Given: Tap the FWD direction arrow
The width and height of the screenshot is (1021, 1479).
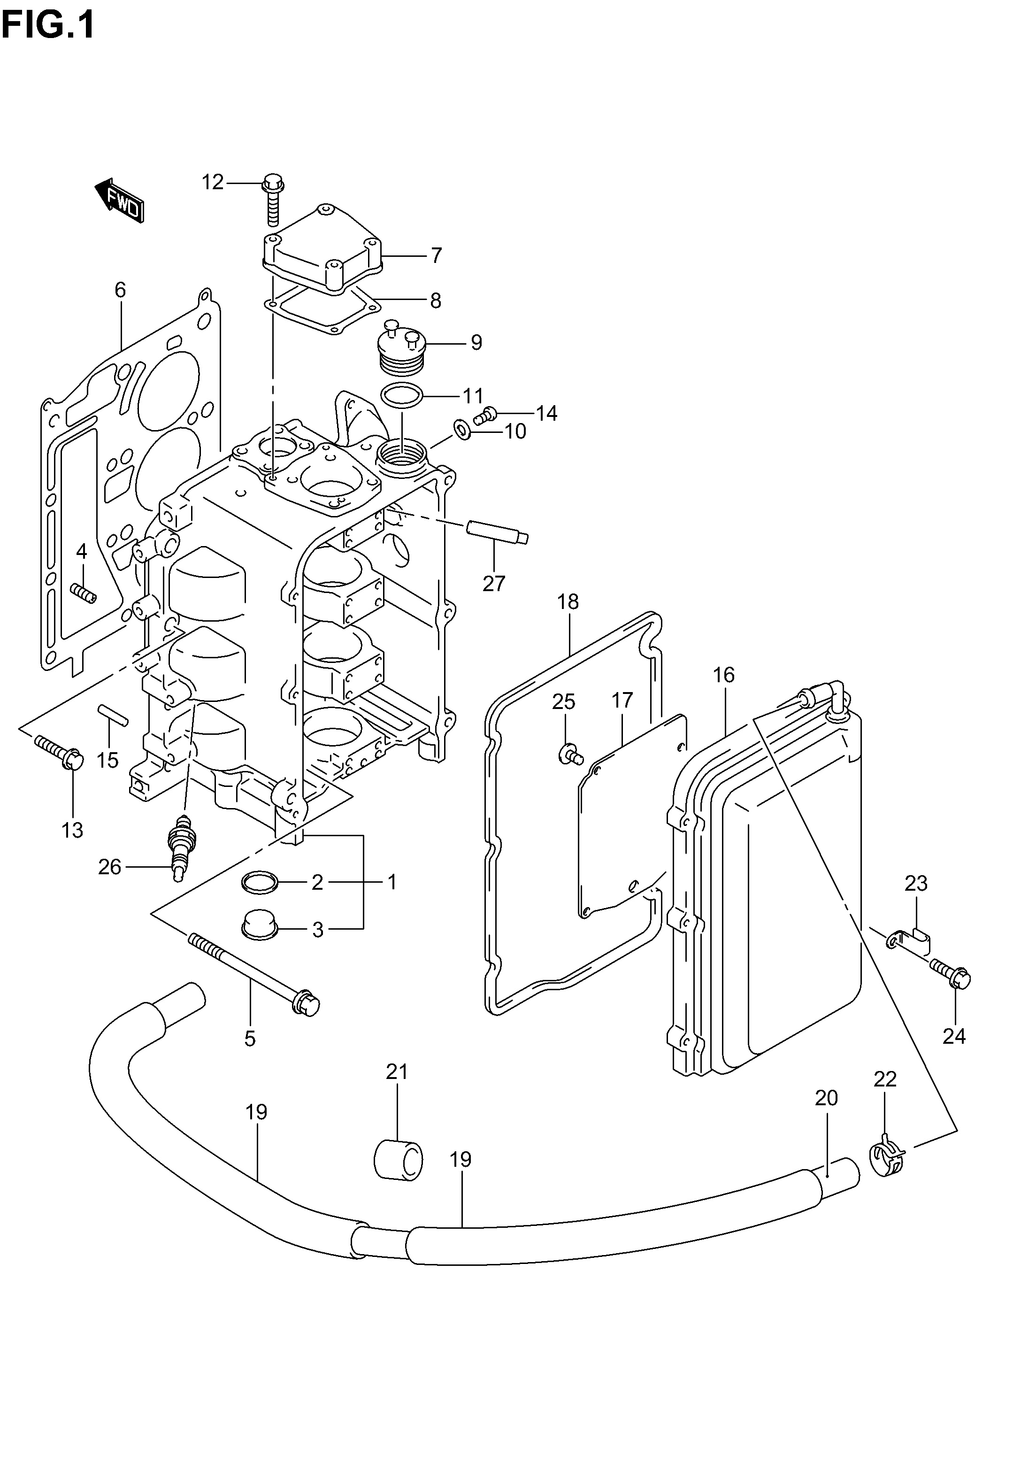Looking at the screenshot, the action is click(120, 200).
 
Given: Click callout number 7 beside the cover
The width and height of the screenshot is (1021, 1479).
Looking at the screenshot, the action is click(436, 256).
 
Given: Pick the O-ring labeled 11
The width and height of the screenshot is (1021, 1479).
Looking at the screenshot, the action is click(401, 396).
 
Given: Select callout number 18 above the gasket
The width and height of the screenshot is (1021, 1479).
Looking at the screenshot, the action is click(568, 602).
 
